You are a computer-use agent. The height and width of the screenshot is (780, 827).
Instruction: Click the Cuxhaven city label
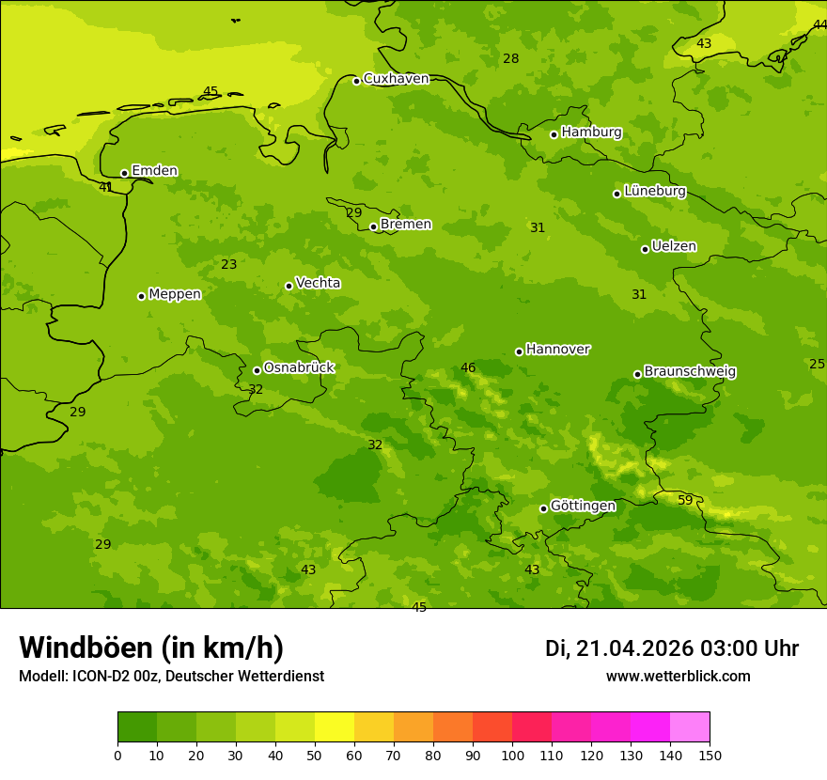click(x=396, y=79)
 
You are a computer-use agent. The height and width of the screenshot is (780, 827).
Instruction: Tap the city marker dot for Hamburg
click(x=554, y=134)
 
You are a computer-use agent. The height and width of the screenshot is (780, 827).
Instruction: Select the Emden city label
click(x=154, y=171)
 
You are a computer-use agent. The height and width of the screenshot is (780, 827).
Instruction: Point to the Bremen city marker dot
click(x=373, y=226)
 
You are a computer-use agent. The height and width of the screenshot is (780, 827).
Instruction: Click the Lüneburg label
click(x=654, y=191)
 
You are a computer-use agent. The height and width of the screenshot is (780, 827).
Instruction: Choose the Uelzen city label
click(x=674, y=246)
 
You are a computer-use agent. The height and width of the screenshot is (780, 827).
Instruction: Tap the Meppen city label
click(x=174, y=294)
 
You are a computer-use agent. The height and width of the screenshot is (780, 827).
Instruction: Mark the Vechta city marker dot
click(x=289, y=286)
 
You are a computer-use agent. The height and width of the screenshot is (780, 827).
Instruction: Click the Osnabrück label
click(x=299, y=367)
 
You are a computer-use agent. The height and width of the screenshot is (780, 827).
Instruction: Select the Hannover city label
click(x=557, y=350)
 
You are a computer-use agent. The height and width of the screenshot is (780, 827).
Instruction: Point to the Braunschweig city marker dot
click(x=637, y=374)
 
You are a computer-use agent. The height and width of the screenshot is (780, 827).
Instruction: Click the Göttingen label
click(x=583, y=506)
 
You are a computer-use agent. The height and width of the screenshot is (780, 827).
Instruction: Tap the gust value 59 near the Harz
click(x=685, y=500)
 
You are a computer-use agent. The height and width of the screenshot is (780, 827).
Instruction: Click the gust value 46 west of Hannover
click(x=468, y=367)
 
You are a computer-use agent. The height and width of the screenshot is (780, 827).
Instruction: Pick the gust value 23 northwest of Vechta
click(x=229, y=264)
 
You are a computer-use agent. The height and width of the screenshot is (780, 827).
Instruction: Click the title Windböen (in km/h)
click(x=151, y=647)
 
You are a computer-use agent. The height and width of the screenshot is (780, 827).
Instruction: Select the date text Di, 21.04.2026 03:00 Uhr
click(x=672, y=648)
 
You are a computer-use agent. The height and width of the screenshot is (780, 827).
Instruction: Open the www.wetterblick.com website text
click(x=678, y=677)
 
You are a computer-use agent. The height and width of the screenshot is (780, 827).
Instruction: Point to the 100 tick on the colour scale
click(x=512, y=755)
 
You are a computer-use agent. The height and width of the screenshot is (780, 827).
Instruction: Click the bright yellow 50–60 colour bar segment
click(x=335, y=727)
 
